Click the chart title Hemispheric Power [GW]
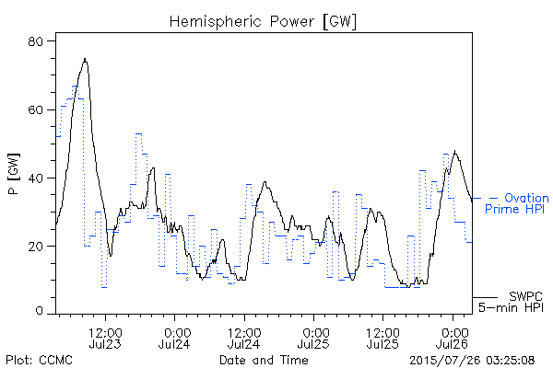(263, 22)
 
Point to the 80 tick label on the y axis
(35, 41)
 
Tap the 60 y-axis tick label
(35, 109)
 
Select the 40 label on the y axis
(35, 178)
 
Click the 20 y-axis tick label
(35, 247)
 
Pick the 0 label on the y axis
(39, 311)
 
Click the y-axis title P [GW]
(14, 174)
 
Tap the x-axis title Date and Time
(264, 361)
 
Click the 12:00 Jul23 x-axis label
(105, 339)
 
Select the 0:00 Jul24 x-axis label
(174, 339)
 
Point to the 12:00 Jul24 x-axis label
(244, 339)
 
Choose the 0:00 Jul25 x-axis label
(313, 339)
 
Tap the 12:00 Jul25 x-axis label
(383, 339)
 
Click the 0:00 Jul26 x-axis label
(453, 339)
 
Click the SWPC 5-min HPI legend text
(511, 302)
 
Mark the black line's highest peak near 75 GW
(85, 59)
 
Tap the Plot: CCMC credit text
(39, 361)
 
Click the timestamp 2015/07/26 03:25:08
(472, 361)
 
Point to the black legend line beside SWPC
(485, 297)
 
